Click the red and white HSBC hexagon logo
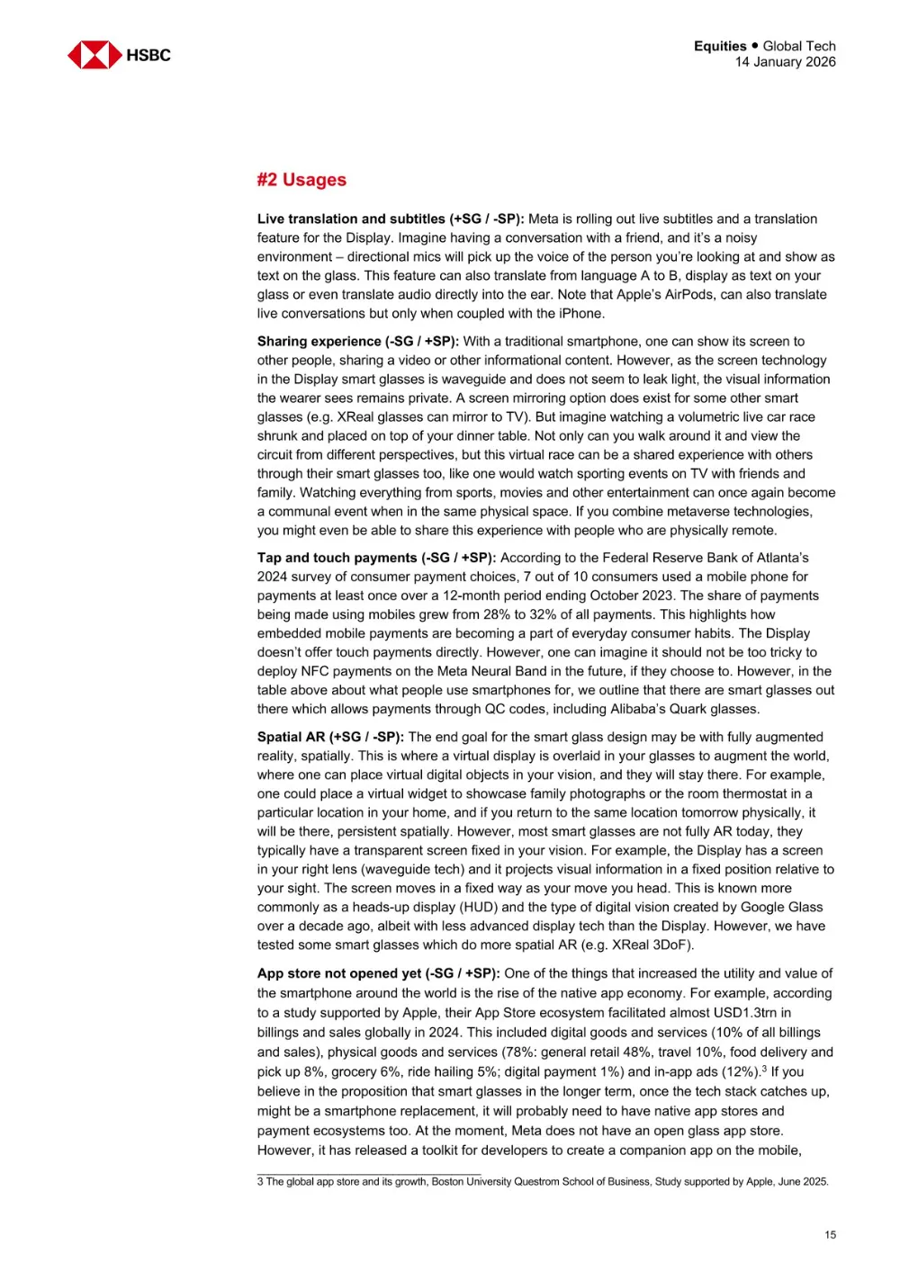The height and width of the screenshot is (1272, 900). pyautogui.click(x=94, y=55)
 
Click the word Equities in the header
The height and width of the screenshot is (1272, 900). pyautogui.click(x=720, y=46)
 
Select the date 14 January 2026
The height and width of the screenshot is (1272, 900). pyautogui.click(x=785, y=62)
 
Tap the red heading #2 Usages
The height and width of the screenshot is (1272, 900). pyautogui.click(x=301, y=180)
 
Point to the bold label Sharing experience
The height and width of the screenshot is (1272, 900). pyautogui.click(x=319, y=341)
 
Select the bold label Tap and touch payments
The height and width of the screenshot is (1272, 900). pyautogui.click(x=337, y=558)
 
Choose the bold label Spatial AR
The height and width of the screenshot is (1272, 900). pyautogui.click(x=291, y=737)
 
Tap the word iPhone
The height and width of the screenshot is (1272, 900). pyautogui.click(x=581, y=313)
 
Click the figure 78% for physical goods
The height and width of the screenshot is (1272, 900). pyautogui.click(x=547, y=1053)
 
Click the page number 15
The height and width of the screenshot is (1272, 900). pyautogui.click(x=830, y=1235)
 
